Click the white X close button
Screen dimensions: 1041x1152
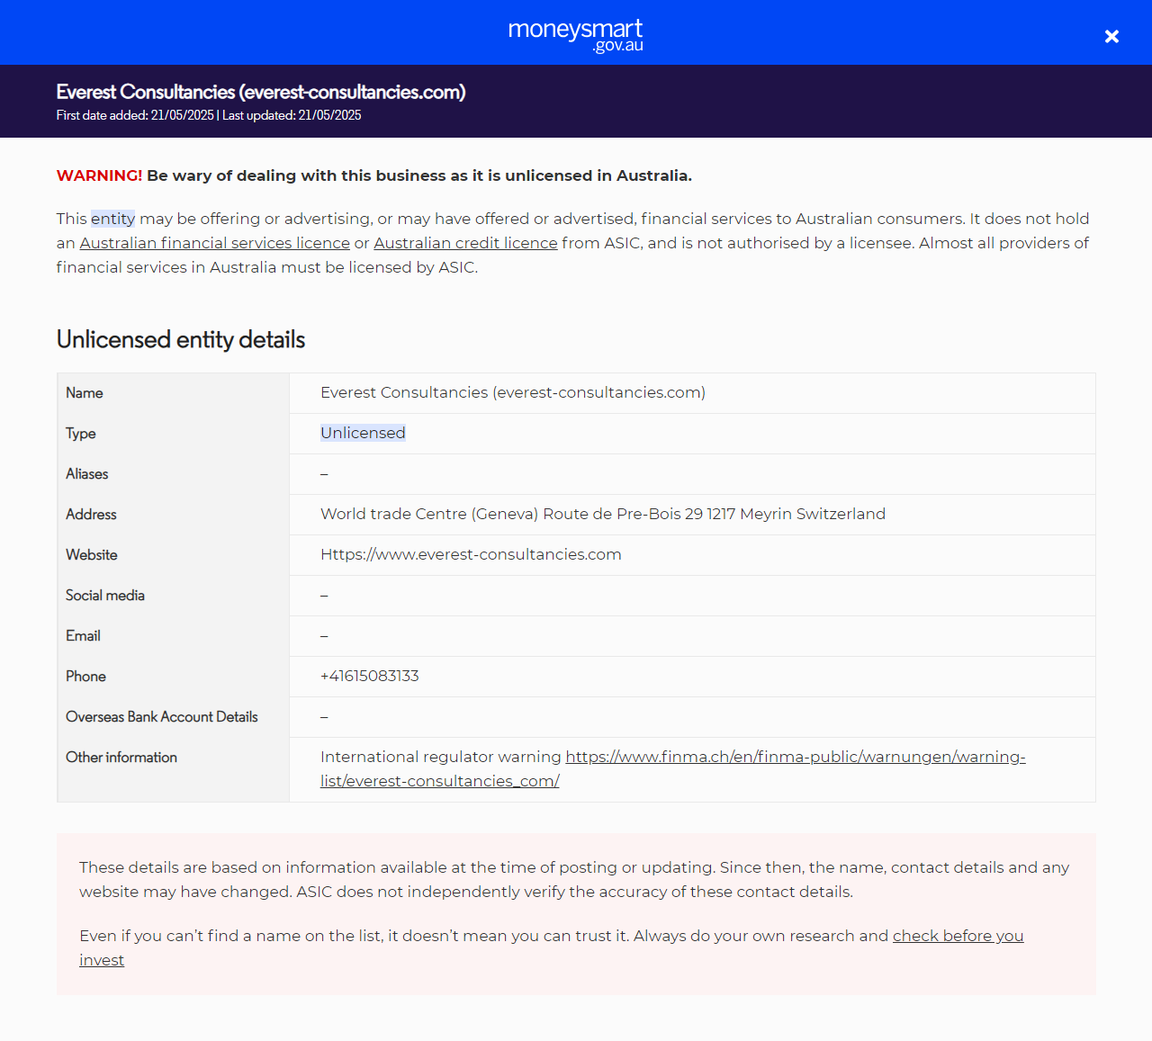pos(1111,36)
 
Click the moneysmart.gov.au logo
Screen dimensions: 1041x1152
pos(576,34)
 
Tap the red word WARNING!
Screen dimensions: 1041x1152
pos(99,175)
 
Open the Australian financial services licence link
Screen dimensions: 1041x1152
pos(214,243)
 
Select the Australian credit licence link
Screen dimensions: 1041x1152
pos(465,243)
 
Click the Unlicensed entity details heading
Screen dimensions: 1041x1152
pos(181,339)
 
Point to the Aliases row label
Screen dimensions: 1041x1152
pos(87,474)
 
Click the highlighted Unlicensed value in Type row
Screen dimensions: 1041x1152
pos(363,433)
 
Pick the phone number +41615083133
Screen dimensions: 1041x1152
pos(370,676)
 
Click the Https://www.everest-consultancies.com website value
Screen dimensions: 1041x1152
pos(471,554)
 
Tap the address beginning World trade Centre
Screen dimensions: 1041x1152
pos(602,514)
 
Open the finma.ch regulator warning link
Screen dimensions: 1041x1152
pos(795,757)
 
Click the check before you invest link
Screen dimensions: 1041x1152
pos(958,936)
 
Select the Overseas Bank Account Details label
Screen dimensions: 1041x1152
pos(162,717)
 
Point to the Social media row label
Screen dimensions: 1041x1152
pos(105,596)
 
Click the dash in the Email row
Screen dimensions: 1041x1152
pos(324,636)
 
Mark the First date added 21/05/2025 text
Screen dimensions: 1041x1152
pos(135,115)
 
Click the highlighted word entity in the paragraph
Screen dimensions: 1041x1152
pos(112,219)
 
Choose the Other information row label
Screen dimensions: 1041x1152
pos(121,758)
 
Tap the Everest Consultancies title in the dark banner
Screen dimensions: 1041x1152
pos(260,92)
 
